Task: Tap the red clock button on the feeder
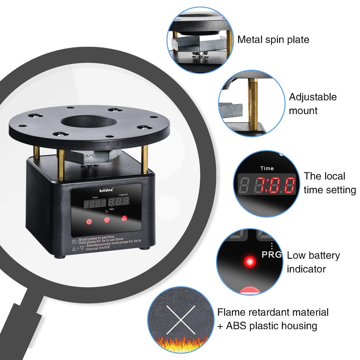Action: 89,221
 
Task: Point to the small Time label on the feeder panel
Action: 95,198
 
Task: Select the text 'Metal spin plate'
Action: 273,39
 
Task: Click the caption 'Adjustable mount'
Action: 312,104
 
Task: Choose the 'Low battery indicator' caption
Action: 313,262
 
